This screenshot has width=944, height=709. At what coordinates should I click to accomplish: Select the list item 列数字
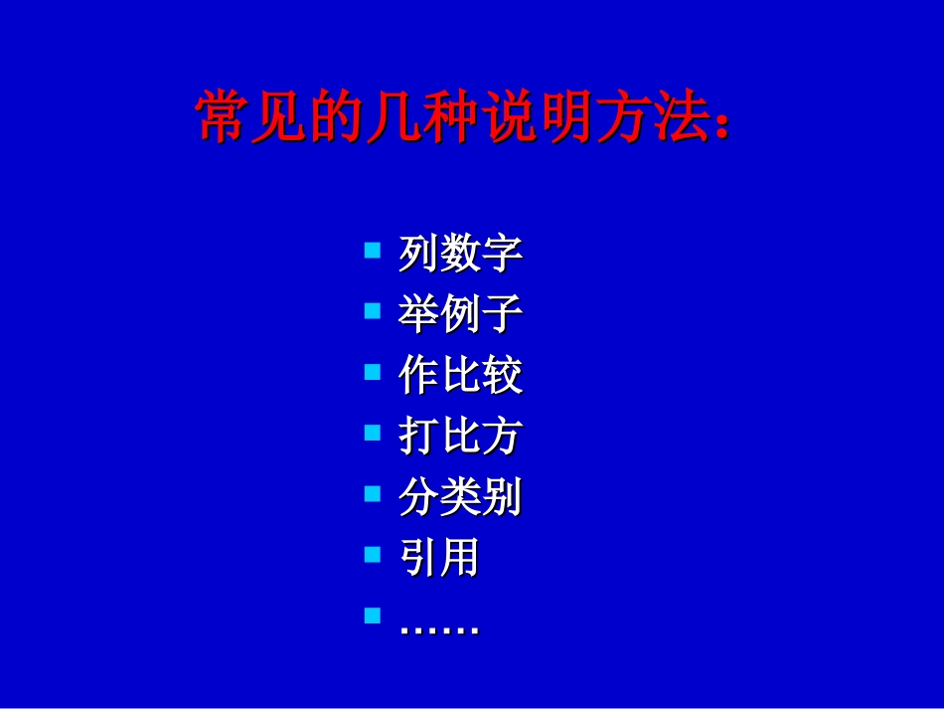[x=460, y=254]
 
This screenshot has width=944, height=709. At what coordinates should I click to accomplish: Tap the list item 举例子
[x=460, y=314]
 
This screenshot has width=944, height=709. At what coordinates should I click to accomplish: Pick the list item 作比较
[x=460, y=375]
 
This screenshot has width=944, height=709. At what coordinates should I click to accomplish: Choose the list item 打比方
[x=460, y=436]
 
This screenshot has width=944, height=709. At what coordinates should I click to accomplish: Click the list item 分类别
[x=460, y=496]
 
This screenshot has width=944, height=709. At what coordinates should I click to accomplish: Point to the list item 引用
[x=439, y=557]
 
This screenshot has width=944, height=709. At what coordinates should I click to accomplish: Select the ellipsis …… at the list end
[x=439, y=628]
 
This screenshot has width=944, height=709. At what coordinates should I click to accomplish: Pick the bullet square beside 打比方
[x=373, y=433]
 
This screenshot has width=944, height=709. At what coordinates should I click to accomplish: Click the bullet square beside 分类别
[x=373, y=493]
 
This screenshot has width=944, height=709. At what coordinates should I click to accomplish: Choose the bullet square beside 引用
[x=373, y=554]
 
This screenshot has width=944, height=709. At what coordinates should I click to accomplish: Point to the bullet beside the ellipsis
[x=373, y=615]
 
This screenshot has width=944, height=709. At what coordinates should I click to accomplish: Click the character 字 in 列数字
[x=503, y=254]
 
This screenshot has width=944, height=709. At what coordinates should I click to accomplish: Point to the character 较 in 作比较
[x=503, y=375]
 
